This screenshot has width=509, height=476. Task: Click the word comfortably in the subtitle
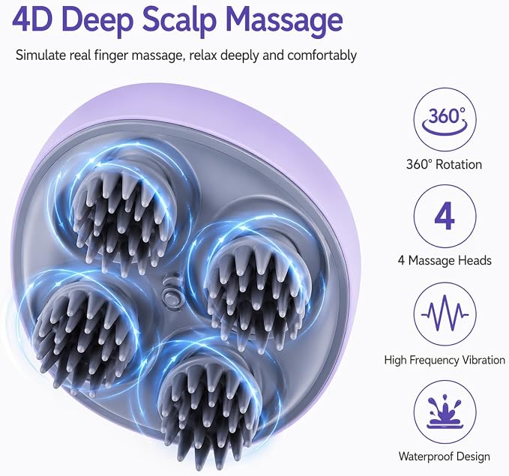(322, 55)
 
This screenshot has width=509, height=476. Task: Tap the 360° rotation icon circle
(445, 120)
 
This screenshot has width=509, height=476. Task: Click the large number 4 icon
(445, 217)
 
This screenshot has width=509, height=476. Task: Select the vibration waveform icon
(445, 314)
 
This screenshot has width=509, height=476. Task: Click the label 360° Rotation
(444, 164)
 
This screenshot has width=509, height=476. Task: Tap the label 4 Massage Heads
(445, 260)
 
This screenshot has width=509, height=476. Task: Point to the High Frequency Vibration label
(445, 360)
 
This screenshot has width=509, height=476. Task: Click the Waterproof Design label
(444, 457)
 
